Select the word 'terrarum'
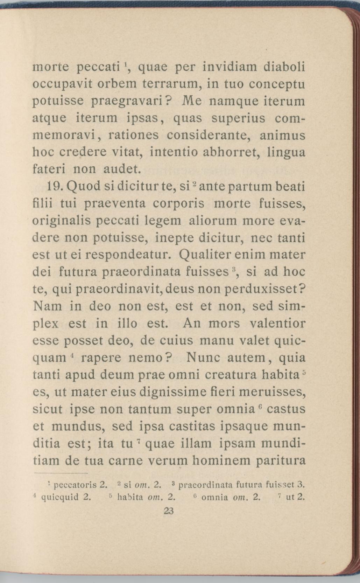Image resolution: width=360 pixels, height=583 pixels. click(x=172, y=84)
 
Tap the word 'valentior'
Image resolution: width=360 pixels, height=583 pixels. click(x=278, y=323)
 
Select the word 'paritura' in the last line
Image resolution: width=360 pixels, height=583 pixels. click(x=281, y=460)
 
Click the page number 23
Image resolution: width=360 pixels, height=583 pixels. click(x=169, y=511)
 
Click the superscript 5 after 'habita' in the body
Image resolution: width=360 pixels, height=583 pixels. click(x=304, y=372)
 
